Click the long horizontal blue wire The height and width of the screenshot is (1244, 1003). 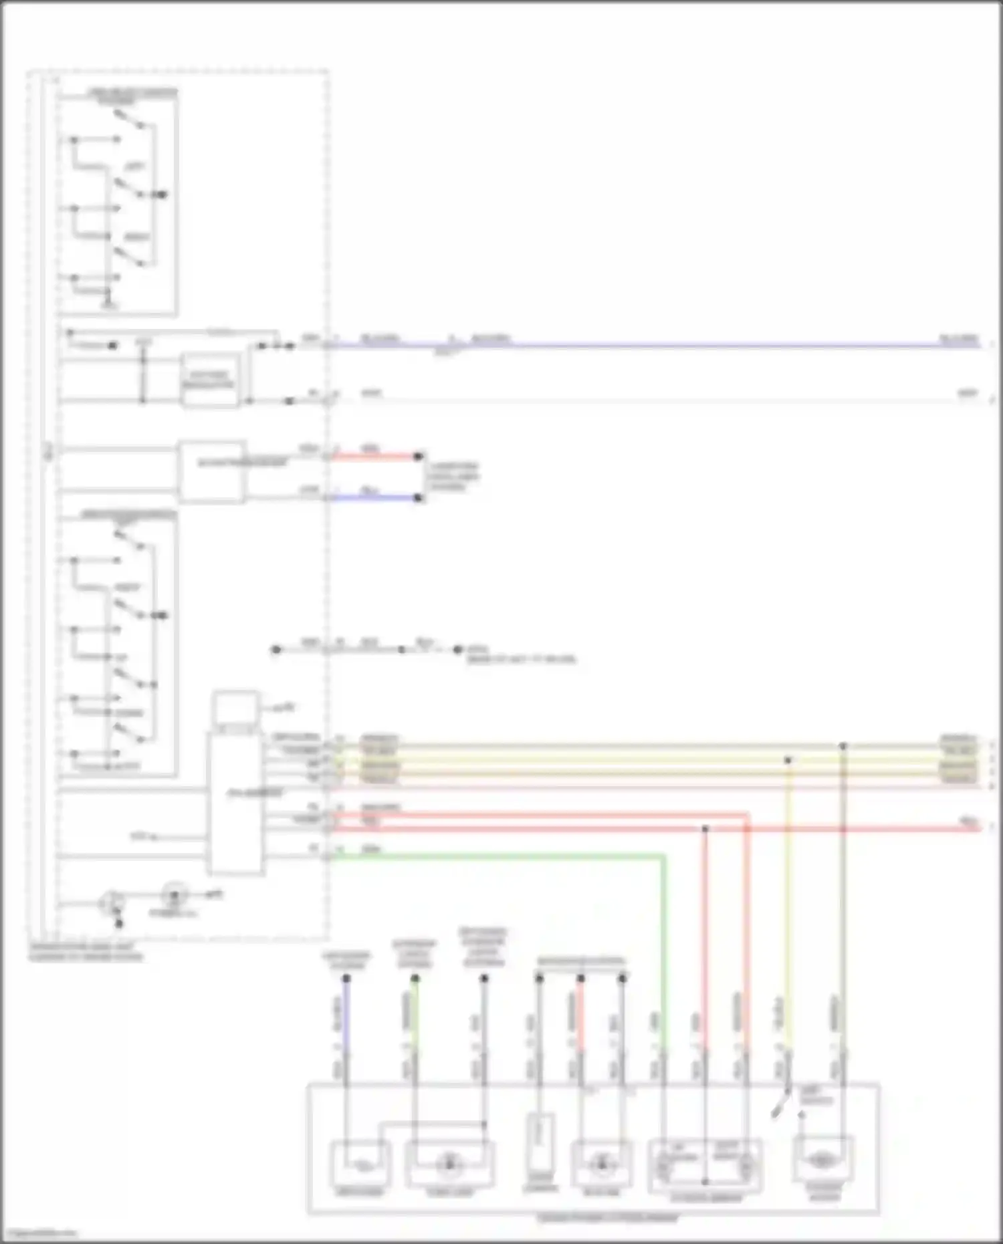pyautogui.click(x=669, y=346)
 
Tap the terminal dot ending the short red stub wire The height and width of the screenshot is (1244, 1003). pyautogui.click(x=419, y=457)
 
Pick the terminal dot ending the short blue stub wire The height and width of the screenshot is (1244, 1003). pyautogui.click(x=419, y=498)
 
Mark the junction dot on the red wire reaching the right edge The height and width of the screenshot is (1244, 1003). pyautogui.click(x=705, y=829)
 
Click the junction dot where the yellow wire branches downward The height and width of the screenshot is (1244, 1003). pyautogui.click(x=788, y=760)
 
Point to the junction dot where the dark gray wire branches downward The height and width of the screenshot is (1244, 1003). pyautogui.click(x=843, y=745)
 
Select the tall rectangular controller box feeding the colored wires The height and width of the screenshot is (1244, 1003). pyautogui.click(x=235, y=802)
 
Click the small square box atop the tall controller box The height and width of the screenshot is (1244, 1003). pyautogui.click(x=235, y=709)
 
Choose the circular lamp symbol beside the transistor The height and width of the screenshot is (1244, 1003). pyautogui.click(x=175, y=893)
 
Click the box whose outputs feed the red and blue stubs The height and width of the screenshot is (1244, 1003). pyautogui.click(x=211, y=471)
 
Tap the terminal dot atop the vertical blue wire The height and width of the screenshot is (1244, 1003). pyautogui.click(x=346, y=978)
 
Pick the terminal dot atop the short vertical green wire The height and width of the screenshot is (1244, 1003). pyautogui.click(x=415, y=978)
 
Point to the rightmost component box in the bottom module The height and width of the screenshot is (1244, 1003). pyautogui.click(x=822, y=1161)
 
